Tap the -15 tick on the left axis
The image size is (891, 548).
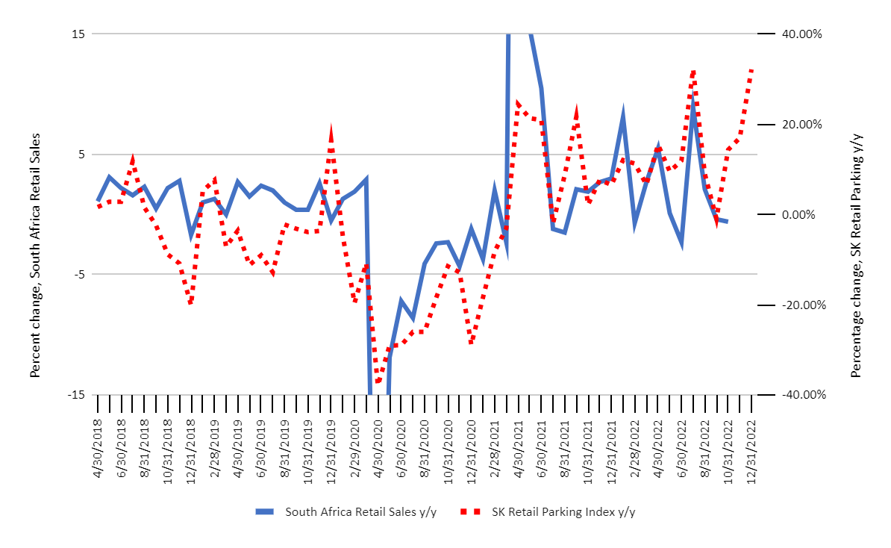[78, 395]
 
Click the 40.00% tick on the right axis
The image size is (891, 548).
[801, 34]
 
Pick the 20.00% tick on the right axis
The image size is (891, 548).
[801, 125]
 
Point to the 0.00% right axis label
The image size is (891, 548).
[804, 215]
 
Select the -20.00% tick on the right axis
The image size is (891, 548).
[799, 305]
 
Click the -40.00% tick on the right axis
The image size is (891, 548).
[799, 395]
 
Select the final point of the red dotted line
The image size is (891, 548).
[751, 69]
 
